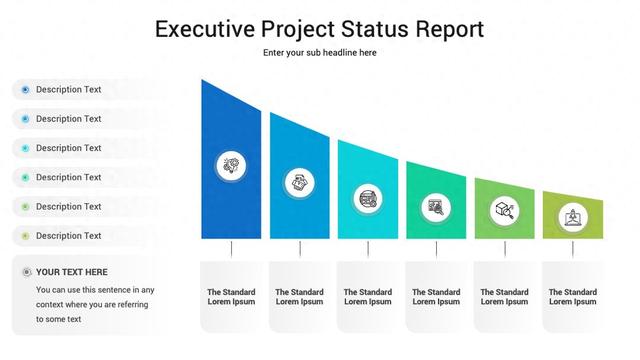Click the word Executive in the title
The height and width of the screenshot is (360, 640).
coord(206,29)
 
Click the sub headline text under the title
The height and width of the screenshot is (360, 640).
coord(319,53)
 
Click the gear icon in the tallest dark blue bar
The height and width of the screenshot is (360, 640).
coord(231,165)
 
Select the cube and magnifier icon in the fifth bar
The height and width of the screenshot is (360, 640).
coord(504,211)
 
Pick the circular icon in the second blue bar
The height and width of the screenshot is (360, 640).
coord(299,182)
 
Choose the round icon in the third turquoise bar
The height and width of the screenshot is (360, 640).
coord(367,196)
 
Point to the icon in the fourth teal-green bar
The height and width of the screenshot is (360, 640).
coord(436,207)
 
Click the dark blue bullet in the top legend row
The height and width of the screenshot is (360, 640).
coord(25,90)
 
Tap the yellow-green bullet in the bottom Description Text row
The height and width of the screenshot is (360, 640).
coord(25,236)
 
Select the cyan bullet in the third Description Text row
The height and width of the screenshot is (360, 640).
coord(25,148)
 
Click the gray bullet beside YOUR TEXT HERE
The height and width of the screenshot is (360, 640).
coord(25,272)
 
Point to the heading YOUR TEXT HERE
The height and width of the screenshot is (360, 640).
coord(71,272)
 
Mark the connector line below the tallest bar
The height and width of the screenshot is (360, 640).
coord(231,249)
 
